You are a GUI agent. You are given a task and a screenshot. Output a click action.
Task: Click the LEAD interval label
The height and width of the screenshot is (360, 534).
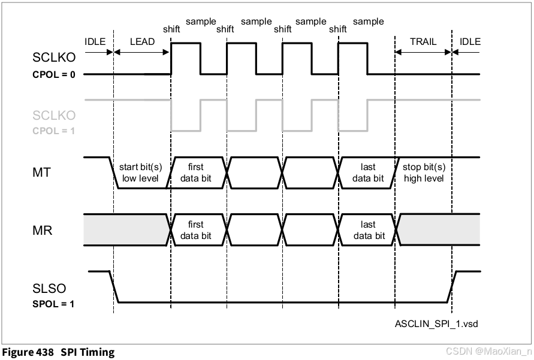point(142,42)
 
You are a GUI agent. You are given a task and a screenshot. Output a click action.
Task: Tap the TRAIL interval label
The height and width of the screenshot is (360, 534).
point(423,42)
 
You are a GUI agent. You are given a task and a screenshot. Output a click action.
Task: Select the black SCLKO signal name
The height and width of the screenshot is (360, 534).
point(54,58)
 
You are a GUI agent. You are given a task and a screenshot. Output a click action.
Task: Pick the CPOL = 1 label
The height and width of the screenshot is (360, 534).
point(54,130)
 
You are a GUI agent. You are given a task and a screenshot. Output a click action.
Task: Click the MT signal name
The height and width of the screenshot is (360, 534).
point(43,173)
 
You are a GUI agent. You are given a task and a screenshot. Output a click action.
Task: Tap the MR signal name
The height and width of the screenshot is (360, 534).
point(43,230)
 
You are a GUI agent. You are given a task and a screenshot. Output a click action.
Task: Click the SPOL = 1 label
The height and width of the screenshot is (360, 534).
point(53,304)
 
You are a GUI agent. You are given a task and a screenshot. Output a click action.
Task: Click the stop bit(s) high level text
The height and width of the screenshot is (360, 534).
point(424,173)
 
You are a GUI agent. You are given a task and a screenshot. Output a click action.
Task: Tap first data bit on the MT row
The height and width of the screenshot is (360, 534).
point(196,173)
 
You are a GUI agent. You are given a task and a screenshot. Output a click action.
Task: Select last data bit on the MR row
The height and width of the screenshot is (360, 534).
point(369,230)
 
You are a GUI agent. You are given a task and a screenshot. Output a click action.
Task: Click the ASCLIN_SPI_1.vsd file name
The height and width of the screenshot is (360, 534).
point(436,323)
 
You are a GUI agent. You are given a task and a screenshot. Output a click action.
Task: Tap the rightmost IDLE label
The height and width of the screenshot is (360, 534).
point(469,42)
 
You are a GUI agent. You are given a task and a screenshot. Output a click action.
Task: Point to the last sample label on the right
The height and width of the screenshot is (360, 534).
point(368,22)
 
